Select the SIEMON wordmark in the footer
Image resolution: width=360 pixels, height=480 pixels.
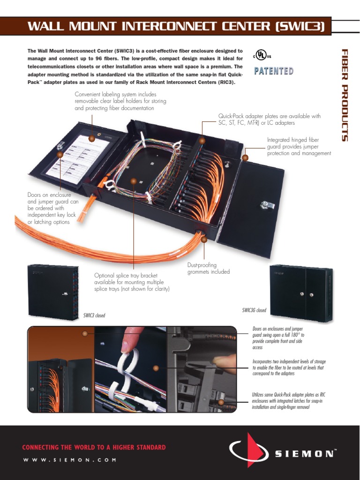(305, 453)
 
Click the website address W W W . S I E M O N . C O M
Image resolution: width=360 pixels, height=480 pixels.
(69, 460)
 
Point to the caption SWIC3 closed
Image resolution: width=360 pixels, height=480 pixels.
(94, 315)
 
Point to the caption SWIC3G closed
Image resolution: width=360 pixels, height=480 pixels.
(254, 310)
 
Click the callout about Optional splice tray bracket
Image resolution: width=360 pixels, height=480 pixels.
(132, 282)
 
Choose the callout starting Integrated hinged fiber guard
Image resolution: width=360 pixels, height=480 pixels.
(299, 146)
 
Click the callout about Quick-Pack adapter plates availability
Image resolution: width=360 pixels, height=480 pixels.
(269, 119)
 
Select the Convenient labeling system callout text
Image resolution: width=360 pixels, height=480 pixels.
(120, 101)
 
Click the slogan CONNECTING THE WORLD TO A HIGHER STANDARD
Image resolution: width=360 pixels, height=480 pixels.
(94, 447)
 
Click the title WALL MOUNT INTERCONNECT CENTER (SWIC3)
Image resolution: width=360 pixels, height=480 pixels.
(176, 26)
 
